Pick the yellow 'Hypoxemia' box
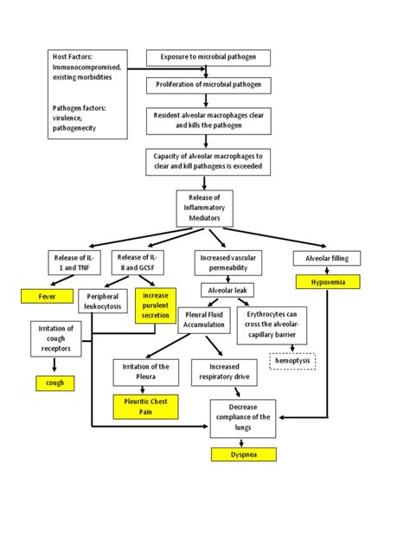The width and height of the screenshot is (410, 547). tap(327, 282)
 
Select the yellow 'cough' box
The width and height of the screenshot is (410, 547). tap(54, 383)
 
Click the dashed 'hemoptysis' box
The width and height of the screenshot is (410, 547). tap(293, 361)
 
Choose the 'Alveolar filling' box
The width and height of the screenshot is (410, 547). tap(327, 258)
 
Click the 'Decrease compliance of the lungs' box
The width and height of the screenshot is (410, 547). tap(243, 418)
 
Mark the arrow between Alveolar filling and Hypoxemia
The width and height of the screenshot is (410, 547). tap(327, 271)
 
